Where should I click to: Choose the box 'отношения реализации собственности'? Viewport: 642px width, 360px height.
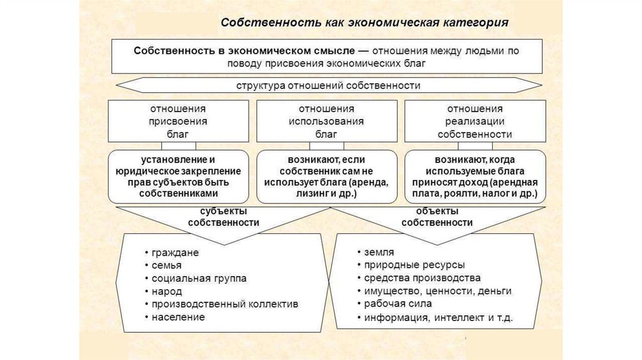(x=475, y=121)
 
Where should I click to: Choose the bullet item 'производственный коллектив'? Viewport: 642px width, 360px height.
(x=224, y=304)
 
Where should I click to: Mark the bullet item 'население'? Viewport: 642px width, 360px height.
(x=178, y=317)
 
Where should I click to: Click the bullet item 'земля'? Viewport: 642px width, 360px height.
(x=379, y=252)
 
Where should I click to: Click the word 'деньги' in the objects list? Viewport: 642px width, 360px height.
(x=494, y=291)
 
